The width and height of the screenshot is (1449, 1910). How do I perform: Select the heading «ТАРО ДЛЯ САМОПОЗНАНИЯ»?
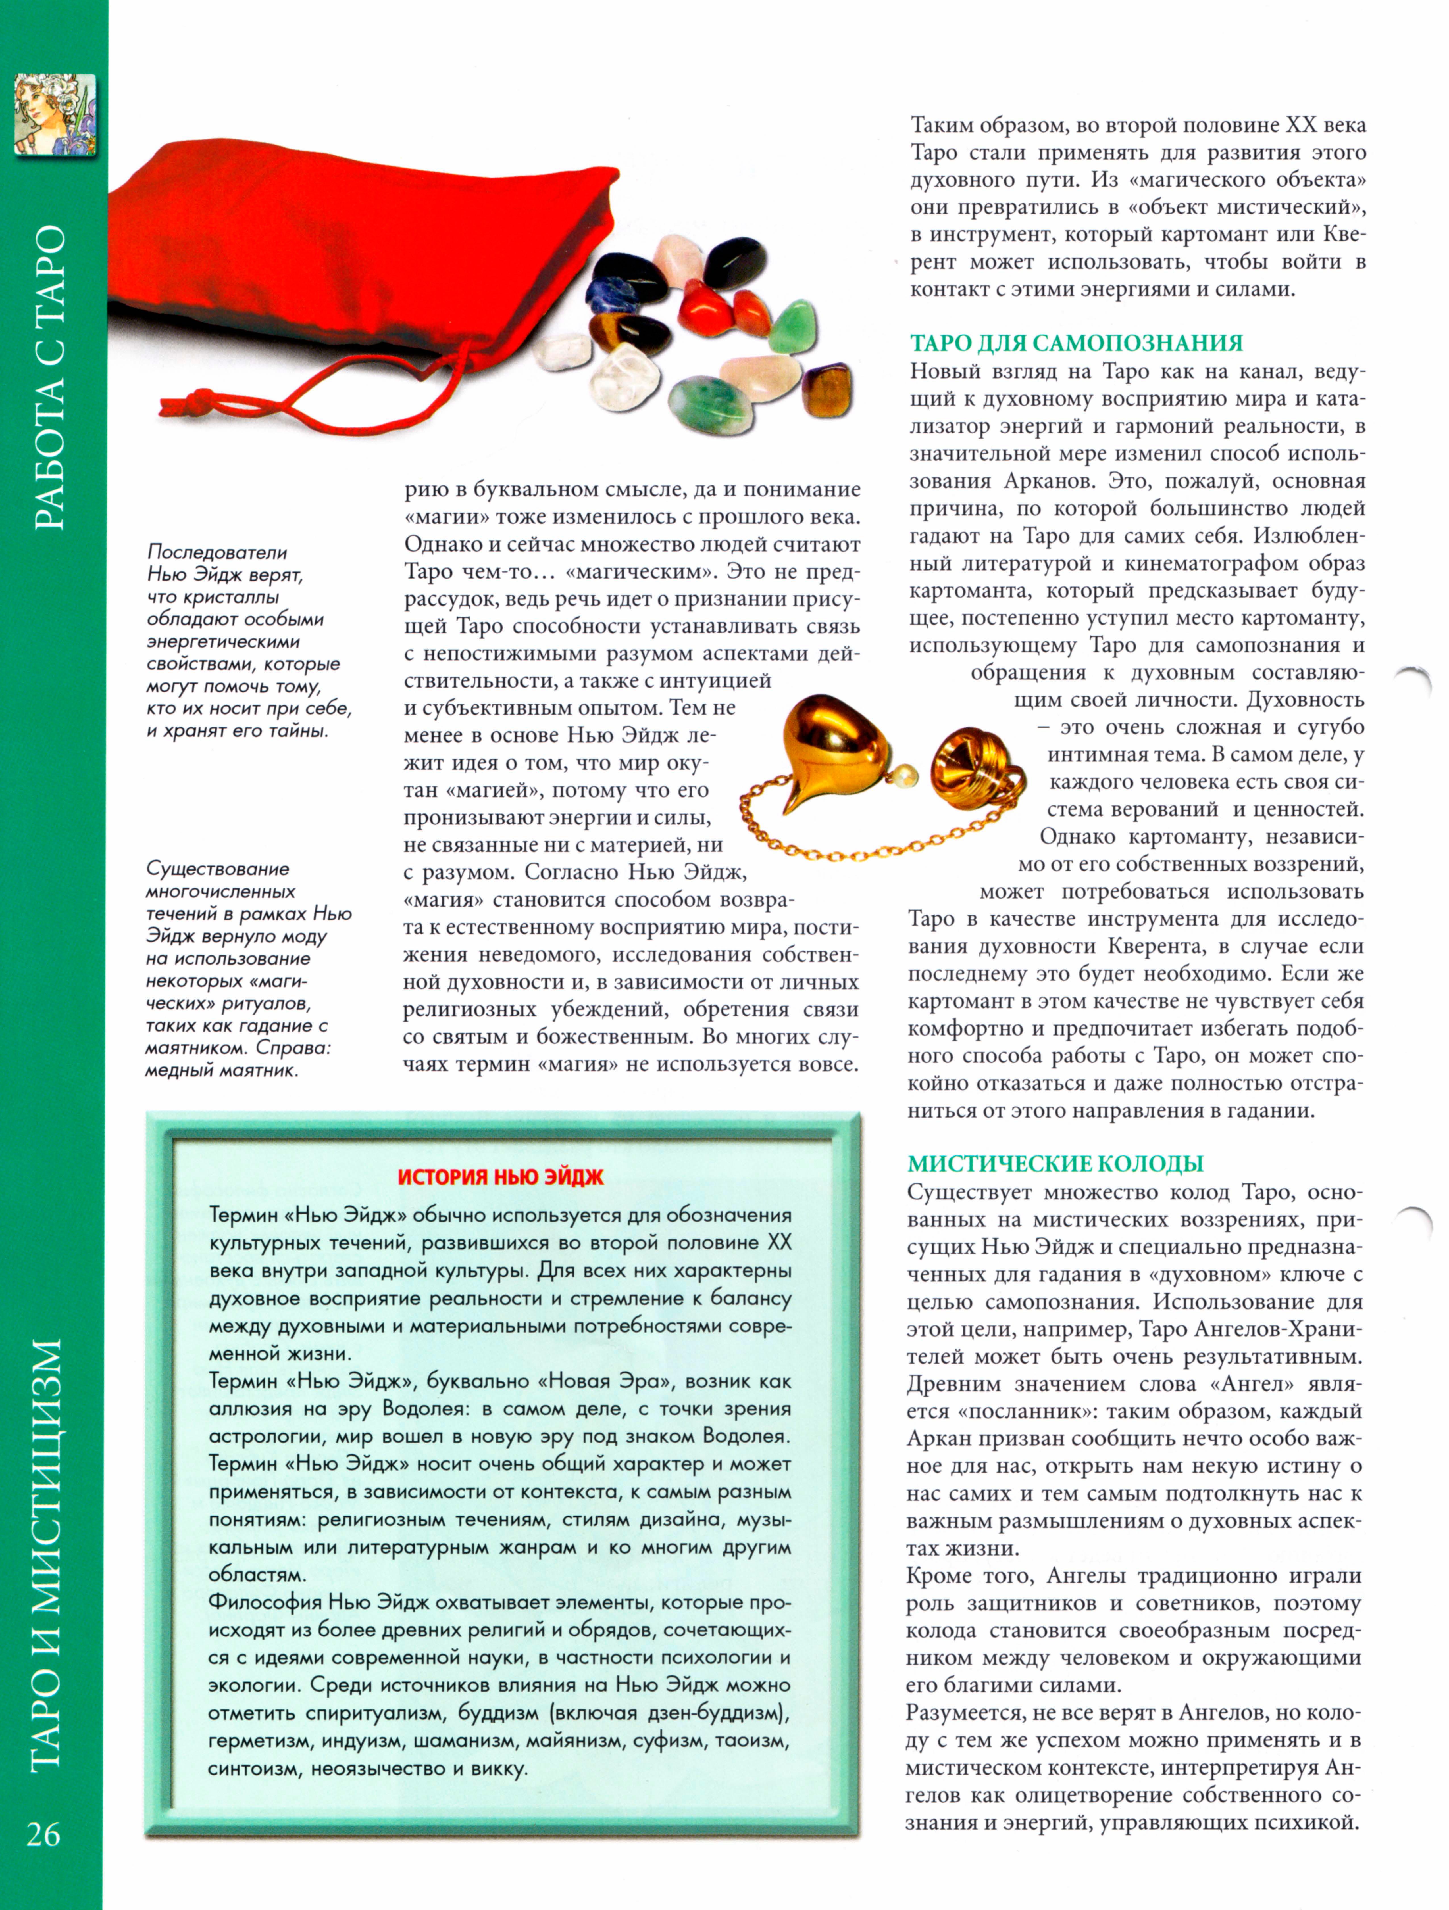coord(1076,343)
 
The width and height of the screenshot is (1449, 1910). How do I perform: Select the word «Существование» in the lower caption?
coord(218,869)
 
